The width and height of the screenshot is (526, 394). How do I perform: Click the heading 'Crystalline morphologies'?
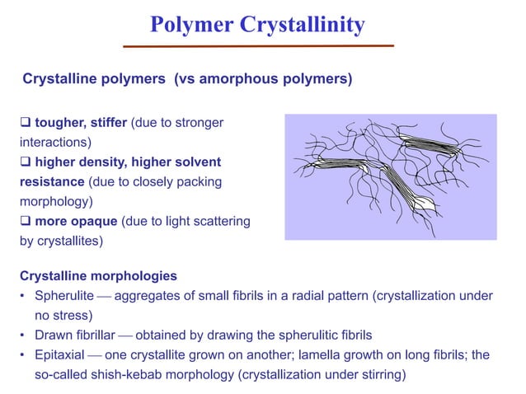pyautogui.click(x=99, y=274)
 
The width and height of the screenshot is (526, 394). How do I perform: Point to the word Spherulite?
pyautogui.click(x=65, y=295)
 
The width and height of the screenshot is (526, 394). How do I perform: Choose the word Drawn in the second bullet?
pyautogui.click(x=51, y=335)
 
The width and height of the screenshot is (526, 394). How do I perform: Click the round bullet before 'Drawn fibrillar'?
pyautogui.click(x=25, y=335)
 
